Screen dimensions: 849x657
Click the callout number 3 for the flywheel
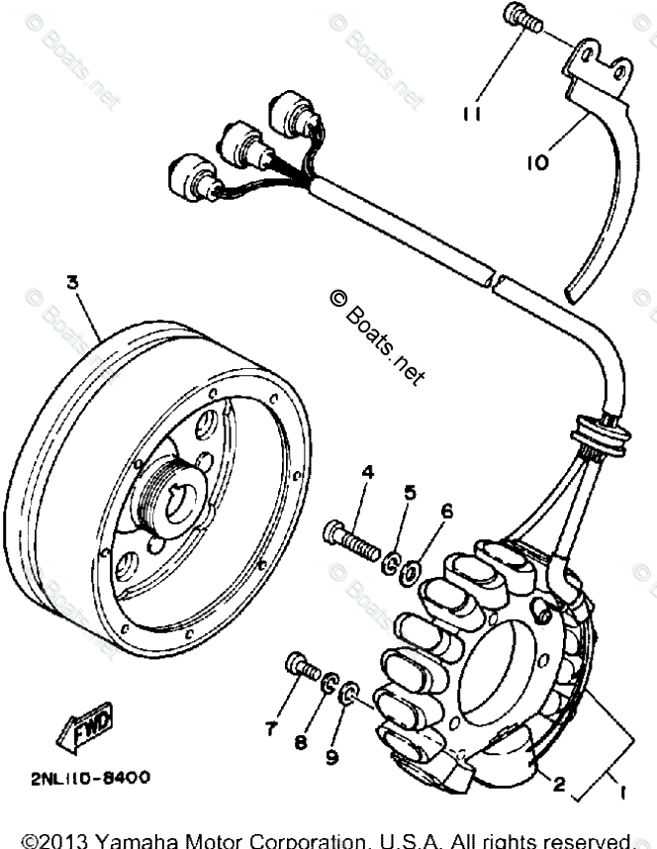pos(71,283)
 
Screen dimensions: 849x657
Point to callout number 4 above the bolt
pos(367,472)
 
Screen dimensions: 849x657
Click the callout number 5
pos(410,492)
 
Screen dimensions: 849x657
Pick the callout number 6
pos(446,511)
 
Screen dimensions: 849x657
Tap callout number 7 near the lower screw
pos(270,729)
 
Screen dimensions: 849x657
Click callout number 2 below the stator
pos(559,786)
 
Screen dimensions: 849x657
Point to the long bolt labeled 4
pos(352,539)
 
